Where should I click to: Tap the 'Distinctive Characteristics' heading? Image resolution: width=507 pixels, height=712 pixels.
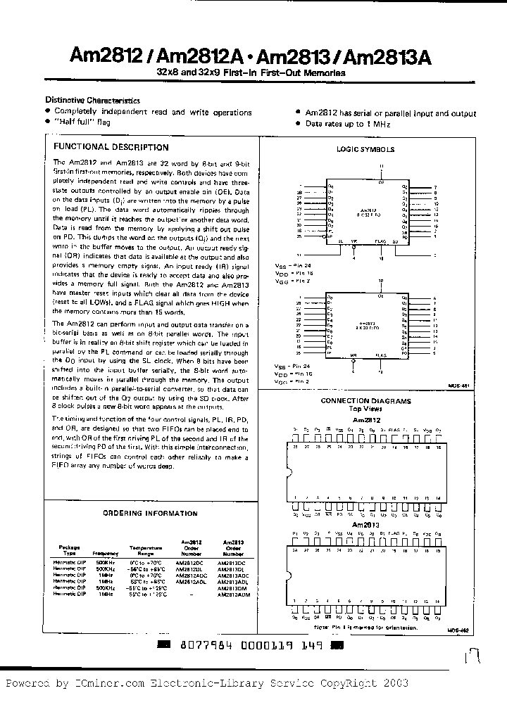92,101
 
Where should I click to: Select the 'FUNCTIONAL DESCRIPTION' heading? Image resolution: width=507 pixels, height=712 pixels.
111,147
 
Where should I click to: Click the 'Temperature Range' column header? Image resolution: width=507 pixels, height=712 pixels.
145,549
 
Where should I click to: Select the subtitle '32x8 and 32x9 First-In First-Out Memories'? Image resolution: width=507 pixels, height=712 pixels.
251,73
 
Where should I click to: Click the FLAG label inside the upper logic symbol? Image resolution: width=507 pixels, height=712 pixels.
380,241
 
